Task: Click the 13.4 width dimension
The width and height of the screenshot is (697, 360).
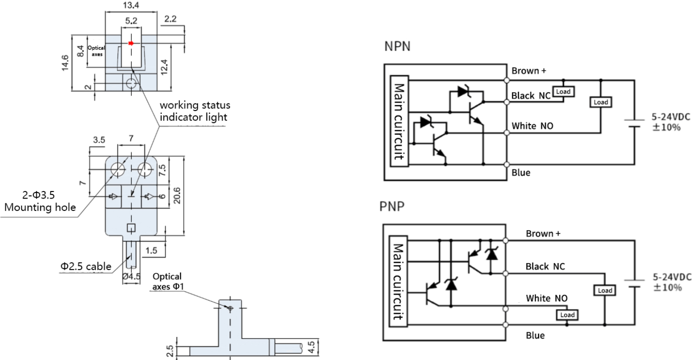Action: [130, 5]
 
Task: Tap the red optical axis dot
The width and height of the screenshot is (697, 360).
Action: [131, 43]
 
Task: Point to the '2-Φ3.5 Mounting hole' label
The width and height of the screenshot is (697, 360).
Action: [40, 202]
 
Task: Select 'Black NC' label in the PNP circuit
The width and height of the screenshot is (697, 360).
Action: [545, 266]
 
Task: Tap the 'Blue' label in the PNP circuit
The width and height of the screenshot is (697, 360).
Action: [535, 335]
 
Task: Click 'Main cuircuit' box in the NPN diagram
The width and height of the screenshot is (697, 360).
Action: [400, 122]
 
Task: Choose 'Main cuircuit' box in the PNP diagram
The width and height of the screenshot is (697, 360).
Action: [400, 282]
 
